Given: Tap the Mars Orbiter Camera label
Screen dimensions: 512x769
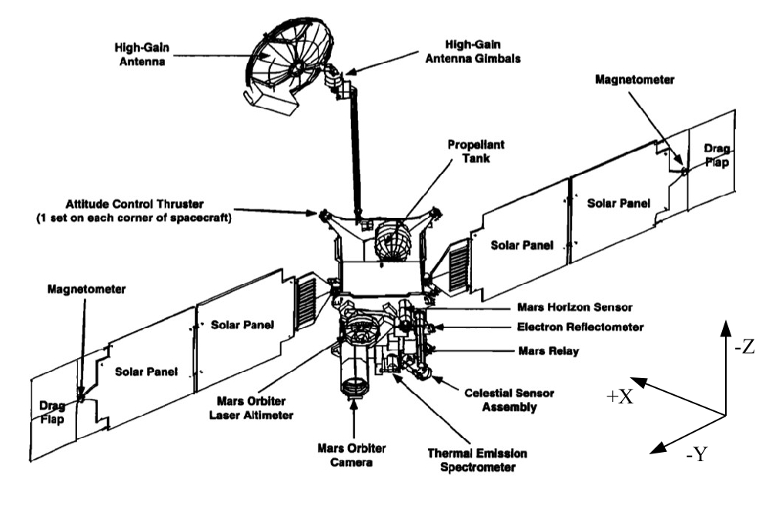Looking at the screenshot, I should click(x=354, y=454).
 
